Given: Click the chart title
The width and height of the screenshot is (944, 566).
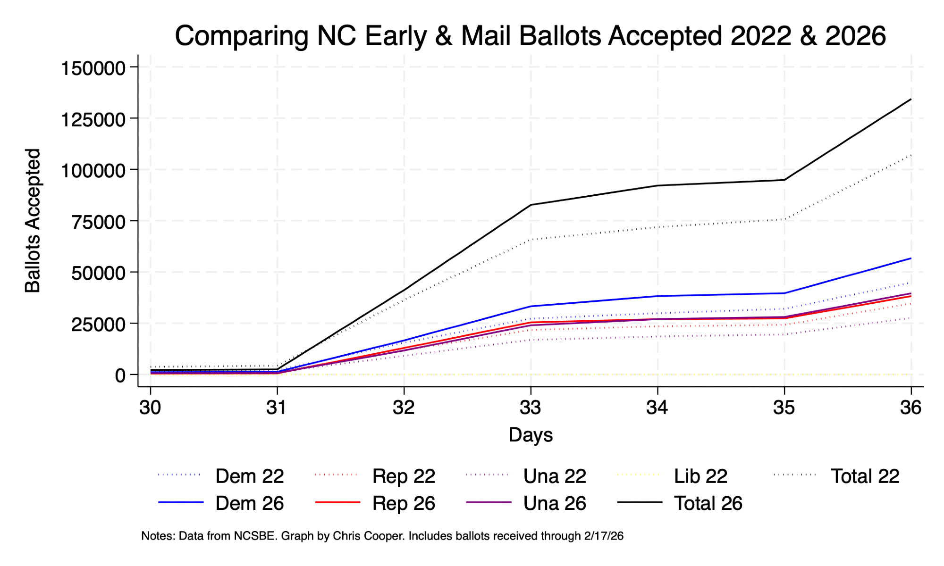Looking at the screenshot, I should (530, 36).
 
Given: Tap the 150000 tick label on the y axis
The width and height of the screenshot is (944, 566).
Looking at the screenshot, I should (93, 68).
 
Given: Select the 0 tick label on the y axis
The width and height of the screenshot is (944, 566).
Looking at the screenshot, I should (120, 375).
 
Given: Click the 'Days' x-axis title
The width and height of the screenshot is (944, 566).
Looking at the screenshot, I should (531, 435).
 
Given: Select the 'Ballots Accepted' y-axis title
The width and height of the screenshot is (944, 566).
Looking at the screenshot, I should (33, 221).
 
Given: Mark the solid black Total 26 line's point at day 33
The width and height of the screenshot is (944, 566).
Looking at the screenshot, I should (531, 205).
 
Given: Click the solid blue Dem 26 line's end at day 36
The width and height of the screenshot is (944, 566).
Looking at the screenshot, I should (910, 258).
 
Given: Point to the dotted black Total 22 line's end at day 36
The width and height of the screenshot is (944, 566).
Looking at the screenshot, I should (910, 155).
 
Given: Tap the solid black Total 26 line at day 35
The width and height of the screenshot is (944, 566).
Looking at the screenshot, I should (784, 180).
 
